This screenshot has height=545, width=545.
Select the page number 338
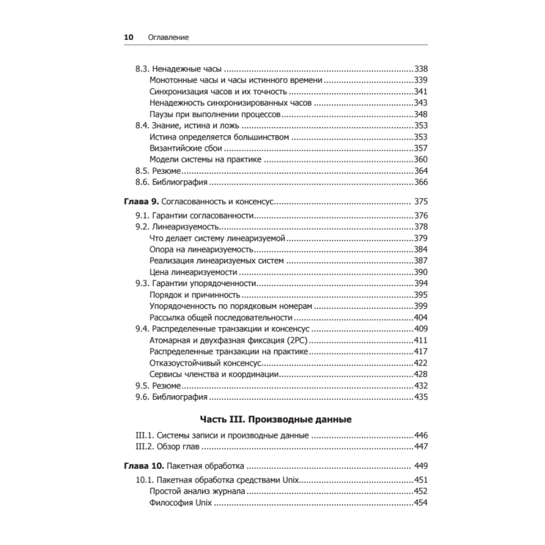point(421,69)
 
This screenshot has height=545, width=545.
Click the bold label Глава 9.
point(141,202)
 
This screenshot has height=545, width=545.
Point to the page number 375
point(421,202)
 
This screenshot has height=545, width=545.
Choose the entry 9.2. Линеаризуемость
point(177,227)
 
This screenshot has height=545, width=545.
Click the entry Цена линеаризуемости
point(193,272)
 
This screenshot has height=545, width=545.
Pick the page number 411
point(421,341)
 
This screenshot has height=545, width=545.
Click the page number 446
point(421,435)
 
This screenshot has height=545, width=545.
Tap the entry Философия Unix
point(180,503)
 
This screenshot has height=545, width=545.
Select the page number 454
point(421,503)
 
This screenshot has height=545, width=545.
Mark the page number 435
point(421,397)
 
